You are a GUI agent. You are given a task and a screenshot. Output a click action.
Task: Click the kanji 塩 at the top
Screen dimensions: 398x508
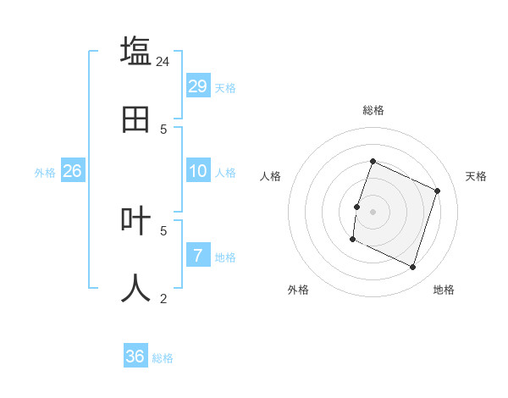pyautogui.click(x=135, y=50)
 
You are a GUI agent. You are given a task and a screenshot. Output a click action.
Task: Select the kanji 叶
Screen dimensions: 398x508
pyautogui.click(x=135, y=220)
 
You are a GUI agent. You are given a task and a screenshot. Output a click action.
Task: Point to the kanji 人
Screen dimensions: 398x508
pyautogui.click(x=135, y=288)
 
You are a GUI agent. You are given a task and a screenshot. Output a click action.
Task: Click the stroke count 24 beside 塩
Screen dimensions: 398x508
pyautogui.click(x=163, y=61)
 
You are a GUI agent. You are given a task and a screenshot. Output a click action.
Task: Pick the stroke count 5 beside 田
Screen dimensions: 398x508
pyautogui.click(x=163, y=129)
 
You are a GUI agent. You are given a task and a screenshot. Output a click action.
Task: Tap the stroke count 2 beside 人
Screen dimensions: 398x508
pyautogui.click(x=163, y=298)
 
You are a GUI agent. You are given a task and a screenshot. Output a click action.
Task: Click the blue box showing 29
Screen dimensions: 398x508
pyautogui.click(x=198, y=86)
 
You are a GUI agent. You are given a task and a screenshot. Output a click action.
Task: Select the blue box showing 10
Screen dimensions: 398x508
pyautogui.click(x=198, y=171)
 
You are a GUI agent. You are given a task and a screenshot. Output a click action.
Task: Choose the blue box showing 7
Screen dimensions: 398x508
pyautogui.click(x=198, y=255)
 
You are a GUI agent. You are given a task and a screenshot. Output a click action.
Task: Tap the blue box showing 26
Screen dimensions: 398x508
pyautogui.click(x=72, y=171)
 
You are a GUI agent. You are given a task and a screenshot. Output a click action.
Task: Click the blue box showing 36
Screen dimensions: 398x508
pyautogui.click(x=135, y=357)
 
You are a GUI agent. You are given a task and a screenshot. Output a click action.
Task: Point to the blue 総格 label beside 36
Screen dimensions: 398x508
pyautogui.click(x=163, y=358)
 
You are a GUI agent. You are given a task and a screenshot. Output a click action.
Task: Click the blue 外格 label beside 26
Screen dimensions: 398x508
pyautogui.click(x=45, y=173)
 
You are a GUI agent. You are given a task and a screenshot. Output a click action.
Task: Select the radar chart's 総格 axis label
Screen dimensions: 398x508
pyautogui.click(x=373, y=110)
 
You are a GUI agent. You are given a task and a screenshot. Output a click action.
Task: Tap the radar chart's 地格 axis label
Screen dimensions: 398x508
pyautogui.click(x=444, y=290)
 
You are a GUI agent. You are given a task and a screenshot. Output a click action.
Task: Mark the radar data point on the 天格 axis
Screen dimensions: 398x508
pyautogui.click(x=438, y=191)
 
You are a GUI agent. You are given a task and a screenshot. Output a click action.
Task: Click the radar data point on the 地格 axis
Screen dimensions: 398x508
pyautogui.click(x=413, y=268)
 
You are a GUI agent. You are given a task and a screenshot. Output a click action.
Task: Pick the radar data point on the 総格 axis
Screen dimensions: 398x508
pyautogui.click(x=373, y=161)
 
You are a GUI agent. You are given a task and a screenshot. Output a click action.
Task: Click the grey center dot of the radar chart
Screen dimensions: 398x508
pyautogui.click(x=373, y=211)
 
